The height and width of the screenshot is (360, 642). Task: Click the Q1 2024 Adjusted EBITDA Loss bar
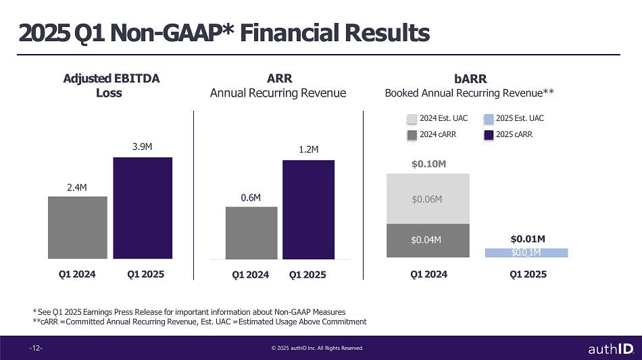point(77,227)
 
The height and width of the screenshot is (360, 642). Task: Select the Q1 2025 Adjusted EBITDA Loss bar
point(143,207)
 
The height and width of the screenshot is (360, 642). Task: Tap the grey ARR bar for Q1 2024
point(251,232)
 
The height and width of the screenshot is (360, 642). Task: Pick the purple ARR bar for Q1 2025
point(308,209)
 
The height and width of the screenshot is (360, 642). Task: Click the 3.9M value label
point(143,146)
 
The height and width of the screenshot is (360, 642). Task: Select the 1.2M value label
point(308,149)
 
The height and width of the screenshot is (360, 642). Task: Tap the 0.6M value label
point(251,197)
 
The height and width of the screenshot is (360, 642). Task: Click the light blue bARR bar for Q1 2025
point(526,253)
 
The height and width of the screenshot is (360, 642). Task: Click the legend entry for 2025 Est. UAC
point(513,119)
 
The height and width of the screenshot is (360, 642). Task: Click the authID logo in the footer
point(610,349)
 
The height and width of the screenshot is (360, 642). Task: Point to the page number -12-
point(36,349)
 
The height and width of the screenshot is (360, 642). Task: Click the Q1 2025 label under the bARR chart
point(527,274)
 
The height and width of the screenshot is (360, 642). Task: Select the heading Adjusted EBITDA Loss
point(110,86)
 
